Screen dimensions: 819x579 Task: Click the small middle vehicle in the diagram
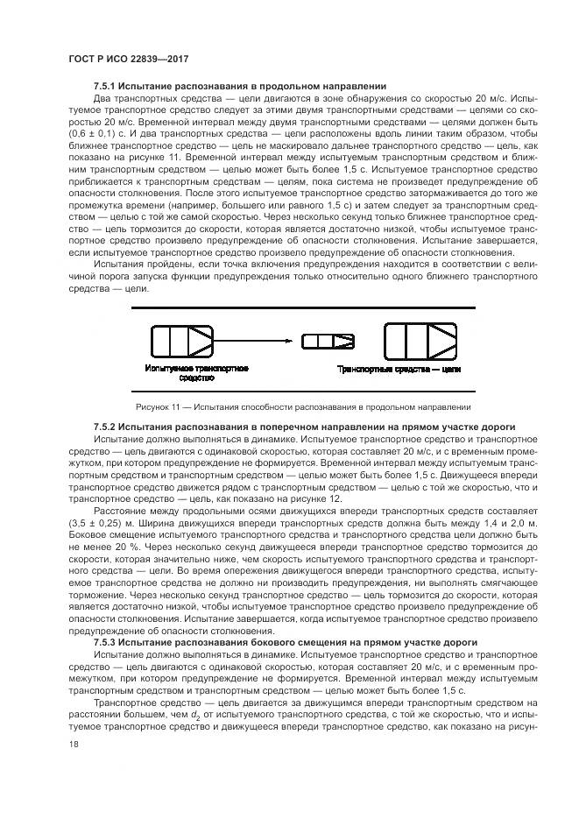point(318,340)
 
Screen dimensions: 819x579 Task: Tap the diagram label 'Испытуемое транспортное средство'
point(197,373)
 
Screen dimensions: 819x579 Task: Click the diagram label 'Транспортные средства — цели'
point(399,369)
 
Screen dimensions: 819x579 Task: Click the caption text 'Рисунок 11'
point(159,406)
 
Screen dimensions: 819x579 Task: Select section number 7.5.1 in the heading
point(109,86)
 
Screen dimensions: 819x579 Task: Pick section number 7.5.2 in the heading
point(109,427)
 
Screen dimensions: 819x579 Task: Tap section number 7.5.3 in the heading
point(109,642)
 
